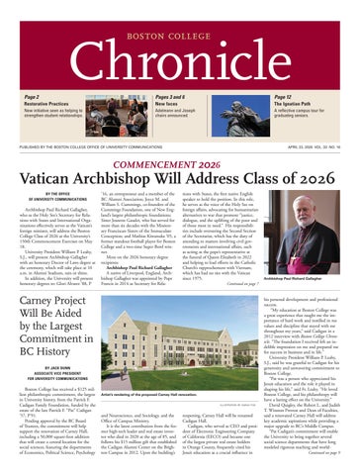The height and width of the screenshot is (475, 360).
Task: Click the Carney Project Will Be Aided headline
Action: pos(61,308)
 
